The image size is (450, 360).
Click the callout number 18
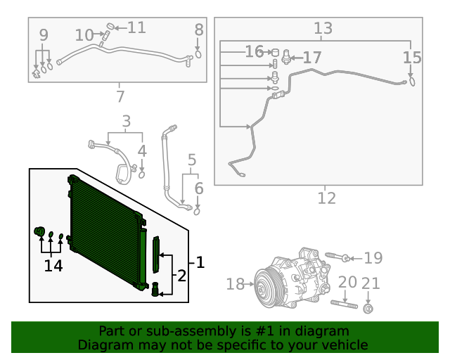[x=235, y=284]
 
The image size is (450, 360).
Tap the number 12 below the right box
[x=326, y=198]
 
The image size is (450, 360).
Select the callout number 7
[x=120, y=96]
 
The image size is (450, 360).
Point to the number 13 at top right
[x=323, y=28]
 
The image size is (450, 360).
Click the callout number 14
[x=53, y=266]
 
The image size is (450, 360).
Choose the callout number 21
[x=371, y=283]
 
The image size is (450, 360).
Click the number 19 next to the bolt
[x=373, y=258]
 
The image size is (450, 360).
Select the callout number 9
[x=44, y=34]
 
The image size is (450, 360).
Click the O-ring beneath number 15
[x=412, y=82]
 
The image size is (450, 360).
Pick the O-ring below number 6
[x=198, y=210]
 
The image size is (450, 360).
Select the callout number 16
[x=254, y=52]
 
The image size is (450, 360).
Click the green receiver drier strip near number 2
[x=156, y=253]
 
